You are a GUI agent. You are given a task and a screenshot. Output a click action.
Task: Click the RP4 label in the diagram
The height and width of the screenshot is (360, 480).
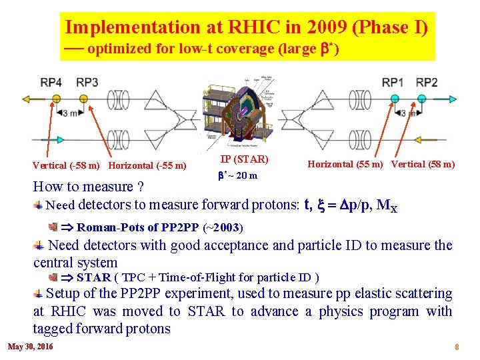[x=51, y=82]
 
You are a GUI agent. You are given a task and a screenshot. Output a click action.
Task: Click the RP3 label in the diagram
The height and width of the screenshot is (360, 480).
[x=87, y=82]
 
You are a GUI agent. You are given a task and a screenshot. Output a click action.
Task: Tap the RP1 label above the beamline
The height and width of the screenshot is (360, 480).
[x=393, y=82]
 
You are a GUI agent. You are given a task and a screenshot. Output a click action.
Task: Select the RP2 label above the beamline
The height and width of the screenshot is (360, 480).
[x=427, y=82]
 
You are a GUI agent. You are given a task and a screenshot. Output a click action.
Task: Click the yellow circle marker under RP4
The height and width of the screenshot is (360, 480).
[x=56, y=99]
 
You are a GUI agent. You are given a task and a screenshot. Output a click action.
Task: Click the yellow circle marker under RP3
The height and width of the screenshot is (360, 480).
[x=83, y=99]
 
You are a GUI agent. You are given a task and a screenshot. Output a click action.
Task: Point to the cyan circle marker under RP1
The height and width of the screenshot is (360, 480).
[x=395, y=99]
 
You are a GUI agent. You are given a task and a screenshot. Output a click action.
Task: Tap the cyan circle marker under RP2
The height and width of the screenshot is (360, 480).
[x=421, y=99]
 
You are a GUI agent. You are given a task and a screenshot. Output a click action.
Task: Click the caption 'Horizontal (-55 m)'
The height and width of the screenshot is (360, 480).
[x=147, y=165]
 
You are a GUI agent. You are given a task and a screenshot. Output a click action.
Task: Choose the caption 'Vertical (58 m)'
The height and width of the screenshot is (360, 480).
[x=423, y=164]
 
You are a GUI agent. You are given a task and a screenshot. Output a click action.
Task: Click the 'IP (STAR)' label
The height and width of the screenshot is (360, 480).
[x=244, y=159]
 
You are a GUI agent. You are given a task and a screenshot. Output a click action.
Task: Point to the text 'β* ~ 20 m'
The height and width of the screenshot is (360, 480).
[x=239, y=175]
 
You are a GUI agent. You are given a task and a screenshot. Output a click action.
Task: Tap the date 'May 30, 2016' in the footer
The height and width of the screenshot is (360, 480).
[x=31, y=347]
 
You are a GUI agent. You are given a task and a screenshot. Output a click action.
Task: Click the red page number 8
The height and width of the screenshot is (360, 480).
[x=457, y=347]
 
